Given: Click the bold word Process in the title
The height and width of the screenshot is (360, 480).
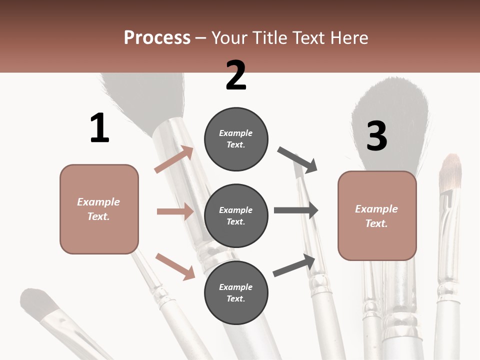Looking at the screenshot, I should (157, 38).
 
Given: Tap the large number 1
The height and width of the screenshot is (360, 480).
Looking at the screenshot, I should (99, 128).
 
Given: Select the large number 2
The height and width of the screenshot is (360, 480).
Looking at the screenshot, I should (236, 75).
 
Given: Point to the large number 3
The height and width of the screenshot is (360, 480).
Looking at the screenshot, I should (376, 136).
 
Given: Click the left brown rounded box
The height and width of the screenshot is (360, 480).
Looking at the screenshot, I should (99, 209).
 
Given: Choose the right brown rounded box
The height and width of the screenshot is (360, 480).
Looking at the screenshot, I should (377, 216).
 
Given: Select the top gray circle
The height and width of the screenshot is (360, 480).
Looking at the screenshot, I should (236, 139).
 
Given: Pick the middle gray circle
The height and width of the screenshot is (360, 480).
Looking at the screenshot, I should (236, 216).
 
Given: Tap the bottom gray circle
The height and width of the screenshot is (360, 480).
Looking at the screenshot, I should (236, 293).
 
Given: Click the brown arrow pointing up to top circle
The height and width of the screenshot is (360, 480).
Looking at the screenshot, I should (174, 159).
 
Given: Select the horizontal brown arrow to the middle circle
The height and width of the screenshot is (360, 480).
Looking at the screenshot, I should (175, 211).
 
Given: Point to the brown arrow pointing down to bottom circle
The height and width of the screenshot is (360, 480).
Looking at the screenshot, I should (175, 266).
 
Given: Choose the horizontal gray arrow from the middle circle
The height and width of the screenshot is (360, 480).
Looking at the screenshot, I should (296, 210).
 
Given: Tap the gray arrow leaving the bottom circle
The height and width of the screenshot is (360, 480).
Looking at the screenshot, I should (294, 265).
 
